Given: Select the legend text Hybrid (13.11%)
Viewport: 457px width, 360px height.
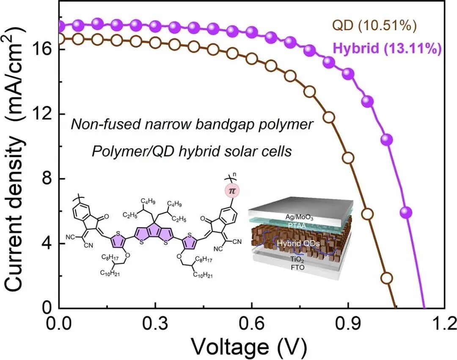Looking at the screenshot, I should pos(387,48).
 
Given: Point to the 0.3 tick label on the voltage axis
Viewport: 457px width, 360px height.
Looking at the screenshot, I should pos(155,324).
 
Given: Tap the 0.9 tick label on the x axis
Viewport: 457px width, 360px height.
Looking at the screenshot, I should pos(348,324).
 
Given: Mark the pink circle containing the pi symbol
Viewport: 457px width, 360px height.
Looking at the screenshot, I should pos(231,191).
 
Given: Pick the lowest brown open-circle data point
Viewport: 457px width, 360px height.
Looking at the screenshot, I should pos(387,278).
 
